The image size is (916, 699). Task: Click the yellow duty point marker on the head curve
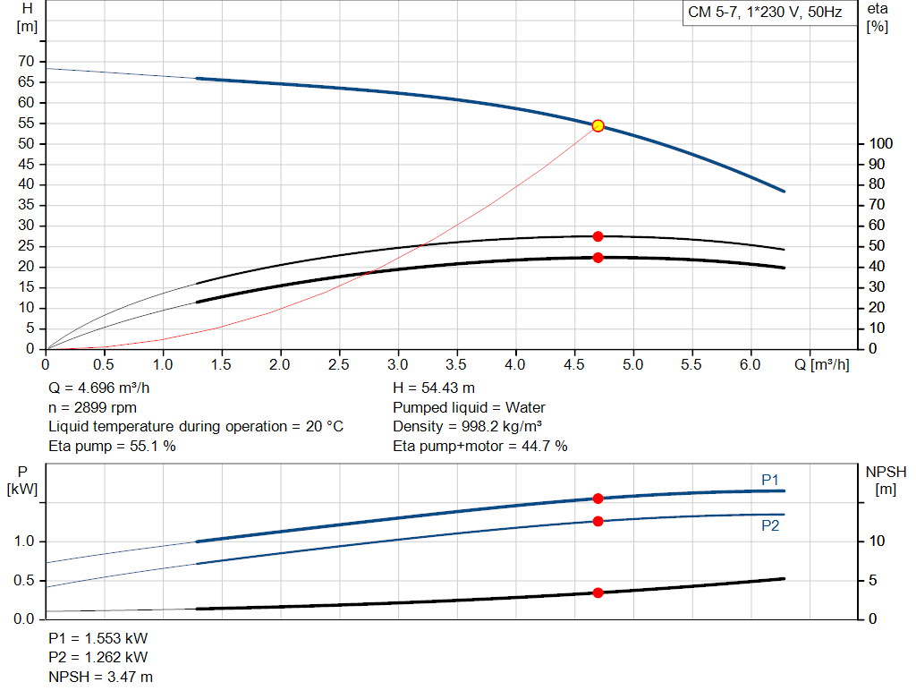pyautogui.click(x=598, y=126)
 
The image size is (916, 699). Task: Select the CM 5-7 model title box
pyautogui.click(x=765, y=13)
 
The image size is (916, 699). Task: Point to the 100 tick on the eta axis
pyautogui.click(x=880, y=144)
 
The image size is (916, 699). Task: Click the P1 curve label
pyautogui.click(x=770, y=481)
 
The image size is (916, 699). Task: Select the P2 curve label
pyautogui.click(x=770, y=526)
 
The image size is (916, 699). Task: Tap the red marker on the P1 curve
pyautogui.click(x=598, y=499)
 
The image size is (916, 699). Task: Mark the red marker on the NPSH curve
pyautogui.click(x=598, y=592)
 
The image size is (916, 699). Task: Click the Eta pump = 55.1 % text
pyautogui.click(x=112, y=446)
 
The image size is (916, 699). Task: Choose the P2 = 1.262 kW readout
pyautogui.click(x=98, y=659)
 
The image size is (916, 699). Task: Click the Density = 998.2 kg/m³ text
pyautogui.click(x=468, y=427)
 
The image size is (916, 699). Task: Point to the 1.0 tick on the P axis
pyautogui.click(x=25, y=541)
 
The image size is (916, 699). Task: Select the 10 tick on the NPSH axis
pyautogui.click(x=878, y=541)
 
